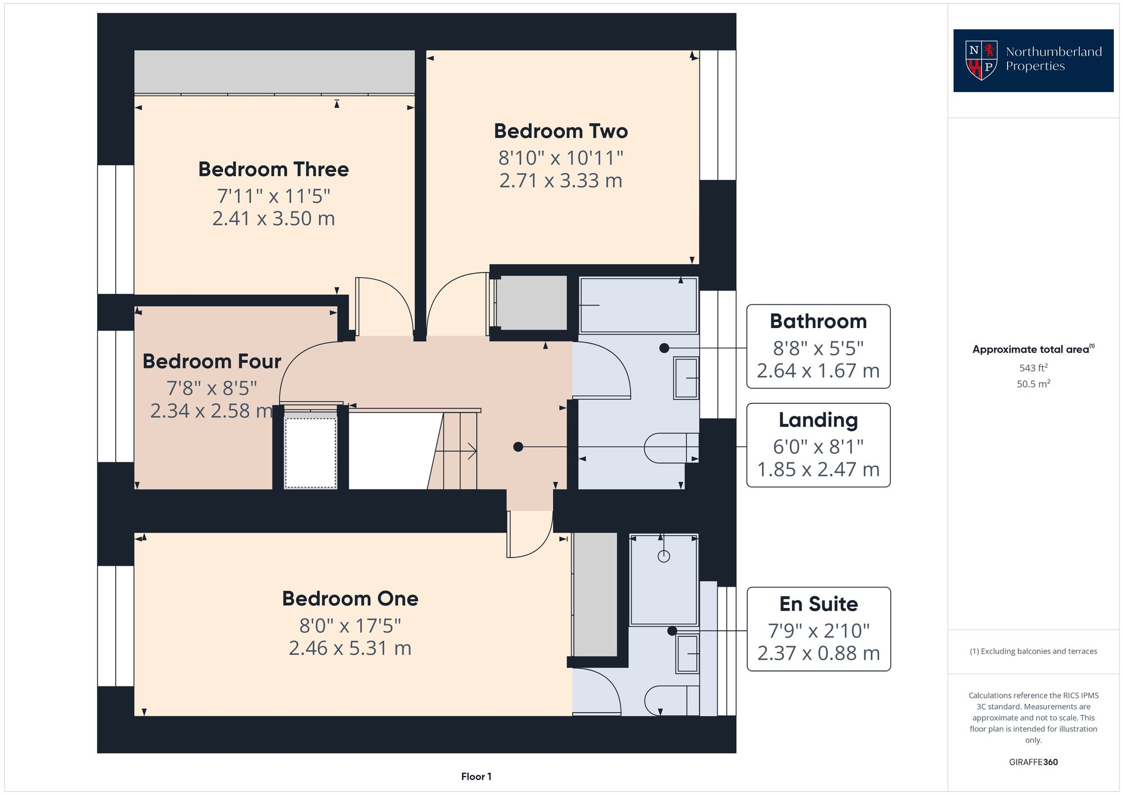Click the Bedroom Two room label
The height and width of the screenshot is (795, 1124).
[x=560, y=131]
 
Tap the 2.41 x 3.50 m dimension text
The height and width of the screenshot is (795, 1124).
[x=274, y=218]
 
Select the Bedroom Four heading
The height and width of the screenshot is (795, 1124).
[x=212, y=361]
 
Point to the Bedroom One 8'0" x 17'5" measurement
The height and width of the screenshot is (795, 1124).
[x=350, y=625]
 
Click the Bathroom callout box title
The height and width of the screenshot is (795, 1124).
[x=818, y=321]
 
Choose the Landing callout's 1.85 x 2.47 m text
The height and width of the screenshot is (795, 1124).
[x=818, y=469]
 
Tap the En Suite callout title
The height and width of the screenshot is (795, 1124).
[x=818, y=604]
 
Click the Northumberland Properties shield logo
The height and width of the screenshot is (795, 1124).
[x=981, y=60]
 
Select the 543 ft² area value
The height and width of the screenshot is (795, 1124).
[x=1033, y=368]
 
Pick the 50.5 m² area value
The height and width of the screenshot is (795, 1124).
[x=1033, y=384]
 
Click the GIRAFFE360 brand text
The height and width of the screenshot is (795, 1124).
[x=1033, y=762]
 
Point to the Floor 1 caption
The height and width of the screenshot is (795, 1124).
[x=476, y=776]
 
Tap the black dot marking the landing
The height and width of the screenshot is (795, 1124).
[x=518, y=447]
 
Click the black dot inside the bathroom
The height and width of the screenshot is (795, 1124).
[x=664, y=348]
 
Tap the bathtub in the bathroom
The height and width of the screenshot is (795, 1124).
[x=638, y=305]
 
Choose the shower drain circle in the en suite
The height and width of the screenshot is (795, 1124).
[x=664, y=556]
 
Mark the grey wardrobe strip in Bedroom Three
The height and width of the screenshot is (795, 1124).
[x=274, y=71]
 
